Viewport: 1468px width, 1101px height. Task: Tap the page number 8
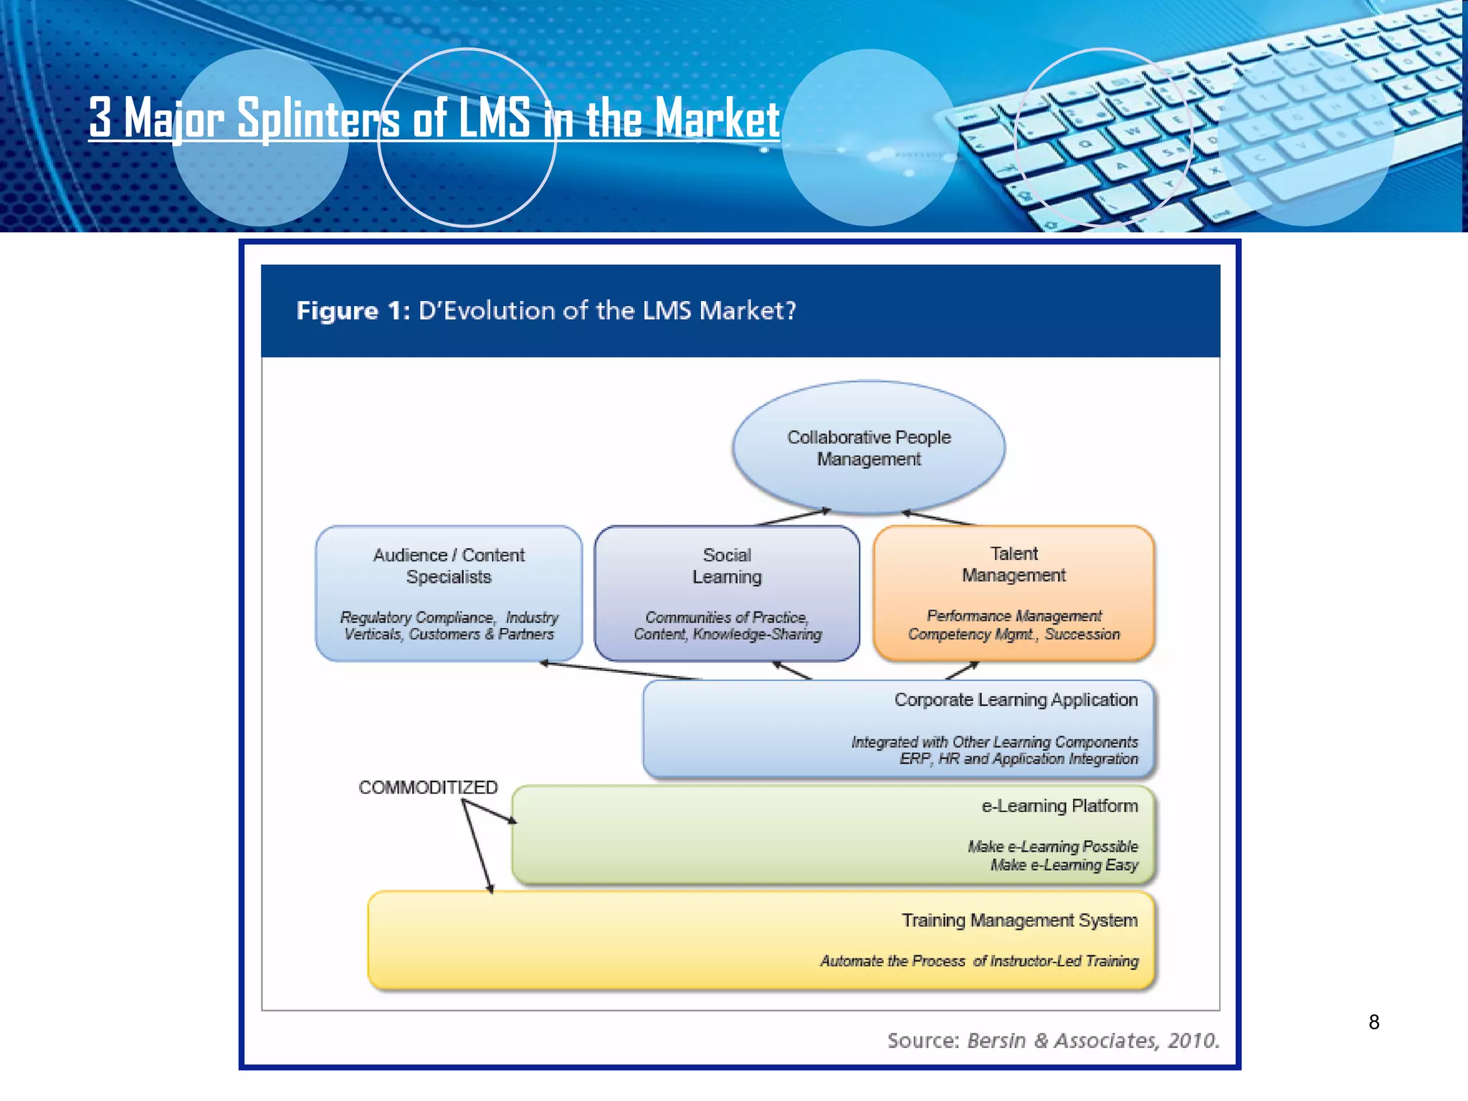click(1373, 1022)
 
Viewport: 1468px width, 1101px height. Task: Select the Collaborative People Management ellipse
click(869, 448)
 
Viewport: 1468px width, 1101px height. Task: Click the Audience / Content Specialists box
click(449, 593)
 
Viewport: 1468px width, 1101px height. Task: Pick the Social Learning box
click(727, 593)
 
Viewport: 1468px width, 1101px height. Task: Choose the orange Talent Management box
click(1014, 593)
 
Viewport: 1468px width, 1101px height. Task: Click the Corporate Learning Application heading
click(1015, 700)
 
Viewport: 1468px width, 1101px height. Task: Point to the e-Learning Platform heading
click(1059, 806)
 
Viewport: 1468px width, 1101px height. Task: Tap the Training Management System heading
click(1019, 920)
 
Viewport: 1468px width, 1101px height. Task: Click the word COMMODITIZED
click(428, 787)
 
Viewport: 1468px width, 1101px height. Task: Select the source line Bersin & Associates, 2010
click(1053, 1040)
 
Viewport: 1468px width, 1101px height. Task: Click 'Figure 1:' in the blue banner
click(353, 311)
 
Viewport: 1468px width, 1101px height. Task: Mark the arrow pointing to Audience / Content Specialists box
click(620, 671)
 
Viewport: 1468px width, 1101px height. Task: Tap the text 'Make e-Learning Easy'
click(1064, 865)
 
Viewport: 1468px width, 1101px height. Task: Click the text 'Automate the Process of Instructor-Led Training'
click(978, 961)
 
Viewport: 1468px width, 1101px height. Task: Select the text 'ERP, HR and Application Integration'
click(1018, 759)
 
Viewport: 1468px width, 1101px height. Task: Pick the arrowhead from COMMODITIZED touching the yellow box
click(491, 890)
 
